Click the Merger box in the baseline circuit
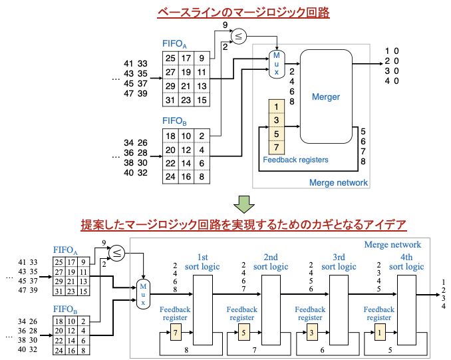click(x=326, y=96)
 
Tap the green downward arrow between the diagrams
click(x=244, y=204)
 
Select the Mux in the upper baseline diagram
click(x=277, y=64)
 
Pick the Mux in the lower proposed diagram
click(x=143, y=294)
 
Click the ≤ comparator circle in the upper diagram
click(x=239, y=36)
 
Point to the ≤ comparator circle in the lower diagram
click(x=117, y=253)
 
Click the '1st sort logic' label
click(x=202, y=262)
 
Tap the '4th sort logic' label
click(x=406, y=262)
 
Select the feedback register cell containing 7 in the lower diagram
click(x=176, y=332)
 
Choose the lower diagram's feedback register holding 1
click(x=380, y=332)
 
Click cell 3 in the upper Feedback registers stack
click(x=277, y=120)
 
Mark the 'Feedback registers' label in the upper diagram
click(x=295, y=160)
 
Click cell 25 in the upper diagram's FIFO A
click(x=170, y=58)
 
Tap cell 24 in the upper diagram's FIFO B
click(x=170, y=176)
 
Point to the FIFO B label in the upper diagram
click(x=174, y=121)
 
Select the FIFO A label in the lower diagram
click(x=65, y=250)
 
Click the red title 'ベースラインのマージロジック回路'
click(x=243, y=13)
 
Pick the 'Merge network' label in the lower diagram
click(x=392, y=245)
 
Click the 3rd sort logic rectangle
click(x=339, y=310)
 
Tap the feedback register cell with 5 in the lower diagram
click(x=244, y=332)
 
